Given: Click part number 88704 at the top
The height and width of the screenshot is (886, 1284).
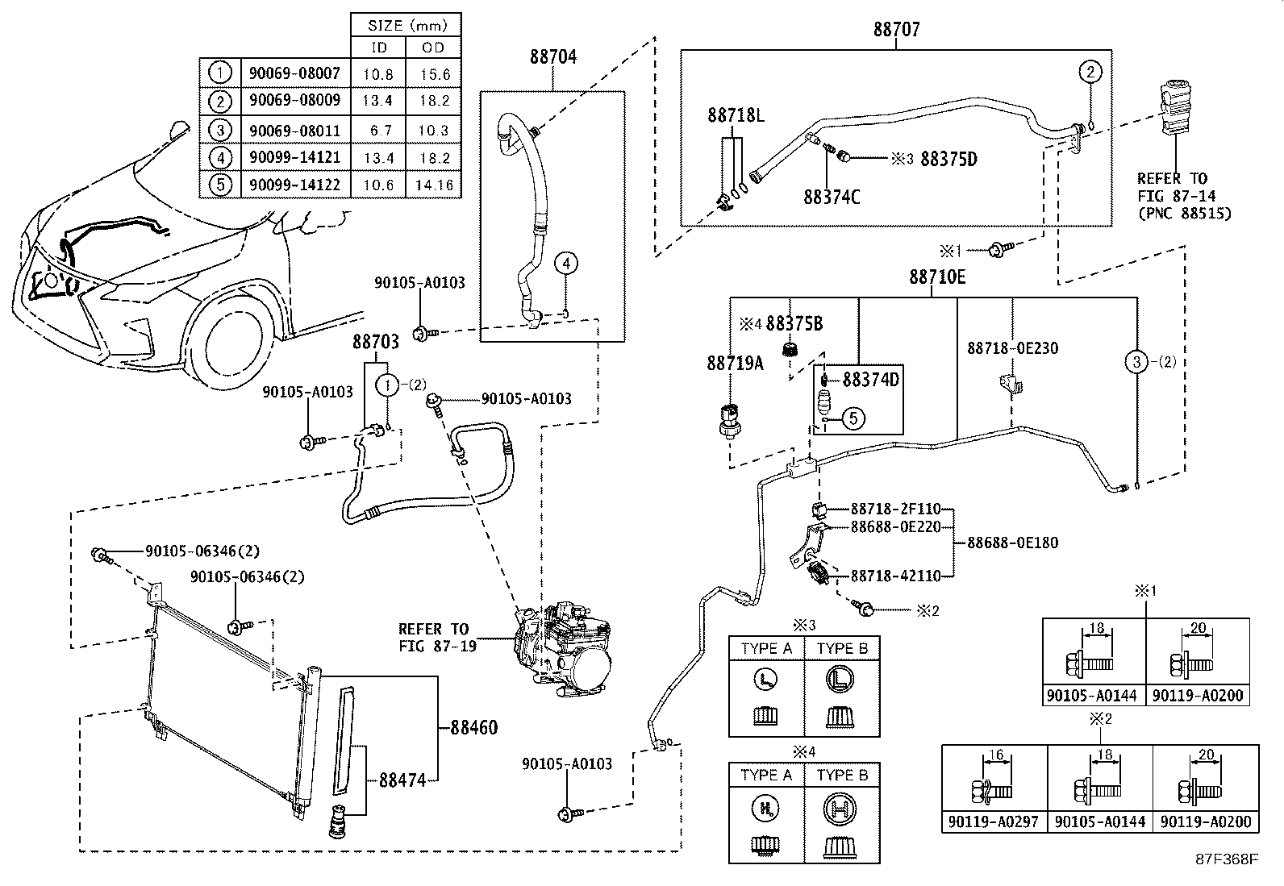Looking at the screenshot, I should coord(552,57).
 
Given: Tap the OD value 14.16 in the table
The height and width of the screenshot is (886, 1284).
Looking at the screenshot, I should coord(432,185).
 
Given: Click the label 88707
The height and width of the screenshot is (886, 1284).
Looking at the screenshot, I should coord(896,30).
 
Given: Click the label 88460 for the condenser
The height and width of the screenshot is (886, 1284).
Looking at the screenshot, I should coord(473,728).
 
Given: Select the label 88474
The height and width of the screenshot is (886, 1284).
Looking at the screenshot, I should coord(403,780).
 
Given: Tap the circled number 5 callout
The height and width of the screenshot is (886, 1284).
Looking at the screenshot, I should coord(853,418).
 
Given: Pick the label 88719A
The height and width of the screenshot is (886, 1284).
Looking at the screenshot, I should coord(735,364).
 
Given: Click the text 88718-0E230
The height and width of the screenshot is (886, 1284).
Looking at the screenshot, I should coord(1012,348).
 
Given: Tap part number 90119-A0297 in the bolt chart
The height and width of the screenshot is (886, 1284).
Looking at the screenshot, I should coord(994,821).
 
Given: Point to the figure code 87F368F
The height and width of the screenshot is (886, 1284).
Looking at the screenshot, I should coord(1226,859).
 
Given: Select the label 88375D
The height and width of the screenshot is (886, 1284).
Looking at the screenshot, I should coord(948,159).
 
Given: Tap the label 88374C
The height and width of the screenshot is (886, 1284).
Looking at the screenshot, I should coord(831,196).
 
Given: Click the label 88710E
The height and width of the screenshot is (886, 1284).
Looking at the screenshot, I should coord(936,277).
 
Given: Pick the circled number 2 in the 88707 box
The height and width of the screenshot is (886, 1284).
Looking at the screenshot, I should coord(1090,72).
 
